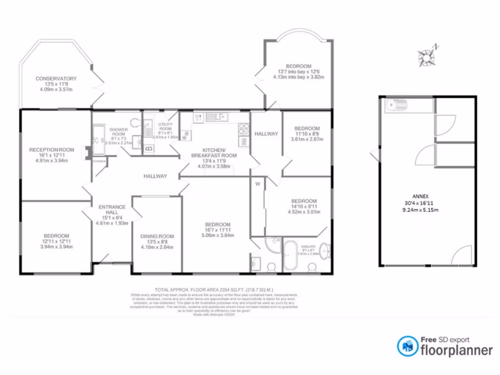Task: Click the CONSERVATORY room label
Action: tap(56, 78)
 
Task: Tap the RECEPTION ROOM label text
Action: tap(51, 149)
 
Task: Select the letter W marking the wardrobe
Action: tap(257, 185)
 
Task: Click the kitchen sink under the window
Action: tap(214, 117)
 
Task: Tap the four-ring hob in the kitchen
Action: tap(243, 128)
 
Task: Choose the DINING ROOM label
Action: tap(157, 236)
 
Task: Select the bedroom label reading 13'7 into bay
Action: tap(298, 66)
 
